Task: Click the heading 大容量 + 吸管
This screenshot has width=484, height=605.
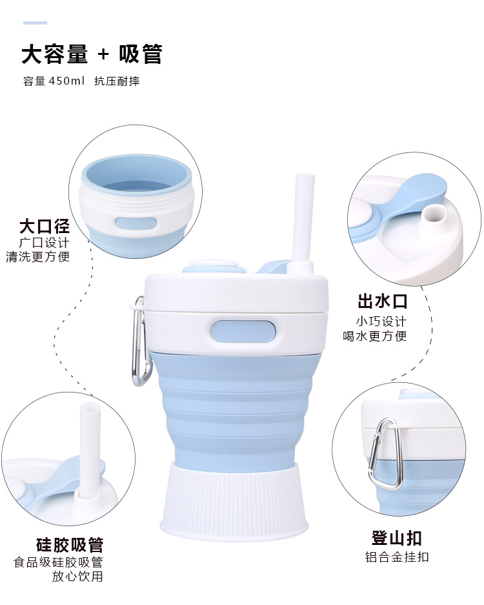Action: [x=92, y=54]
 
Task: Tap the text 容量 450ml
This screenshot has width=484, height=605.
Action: [x=54, y=81]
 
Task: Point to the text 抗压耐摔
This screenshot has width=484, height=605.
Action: [x=117, y=81]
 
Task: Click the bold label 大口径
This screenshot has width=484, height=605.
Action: [x=45, y=226]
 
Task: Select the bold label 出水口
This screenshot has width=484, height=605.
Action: [x=382, y=301]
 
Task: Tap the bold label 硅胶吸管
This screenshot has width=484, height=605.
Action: [x=70, y=545]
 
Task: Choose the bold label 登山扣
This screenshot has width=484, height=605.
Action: [x=396, y=538]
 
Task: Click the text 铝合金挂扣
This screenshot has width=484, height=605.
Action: [x=397, y=557]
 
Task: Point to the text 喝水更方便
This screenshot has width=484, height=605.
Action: [x=375, y=336]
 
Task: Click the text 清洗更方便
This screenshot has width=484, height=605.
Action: [x=38, y=256]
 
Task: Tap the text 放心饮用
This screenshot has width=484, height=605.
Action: [x=77, y=577]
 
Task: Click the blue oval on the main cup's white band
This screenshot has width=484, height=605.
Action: [x=243, y=332]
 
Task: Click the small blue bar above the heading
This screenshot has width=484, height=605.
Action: [x=35, y=23]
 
